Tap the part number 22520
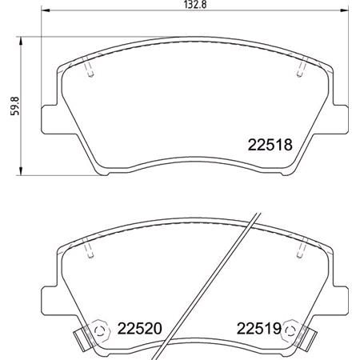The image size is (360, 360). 140,327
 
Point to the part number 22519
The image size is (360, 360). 258,327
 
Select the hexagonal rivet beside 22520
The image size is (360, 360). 99,328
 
